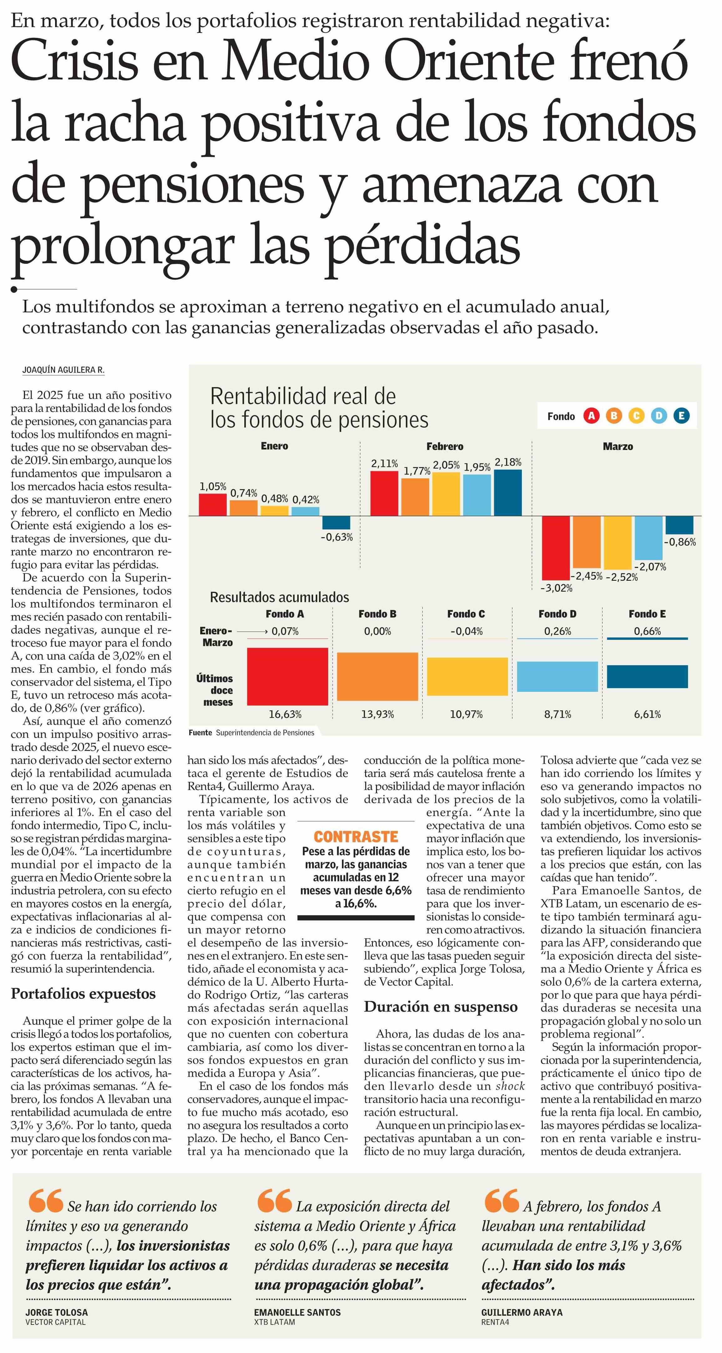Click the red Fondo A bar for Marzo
coord(556,548)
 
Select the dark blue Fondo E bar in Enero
coord(336,523)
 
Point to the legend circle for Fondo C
coord(636,416)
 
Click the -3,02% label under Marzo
coord(557,588)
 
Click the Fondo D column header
coord(557,614)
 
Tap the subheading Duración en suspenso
coord(440,1007)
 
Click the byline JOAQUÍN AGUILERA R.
coord(63,370)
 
